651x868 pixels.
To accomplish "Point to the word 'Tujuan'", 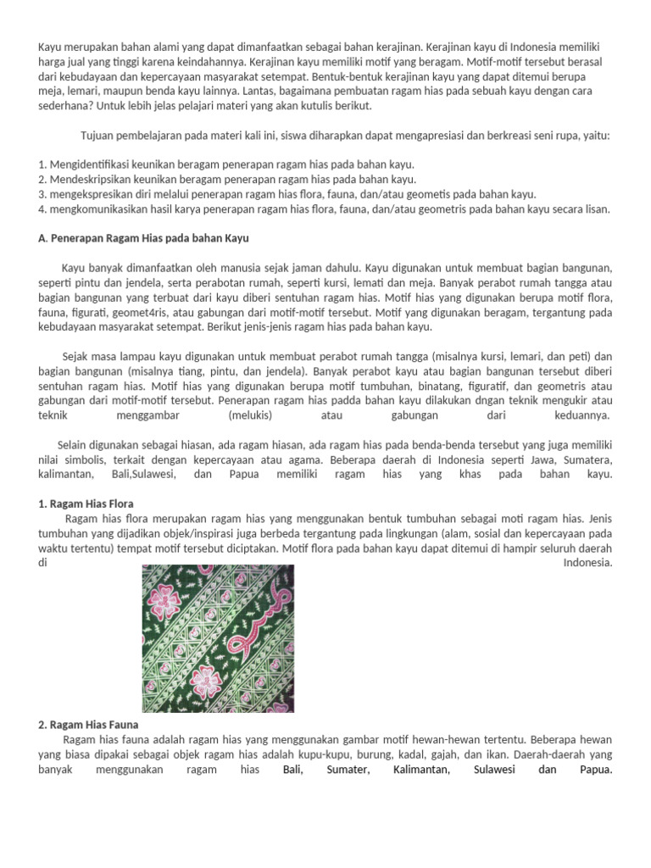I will [99, 136].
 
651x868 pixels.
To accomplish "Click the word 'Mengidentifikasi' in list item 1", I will [88, 164].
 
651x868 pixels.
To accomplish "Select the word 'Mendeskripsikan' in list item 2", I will [90, 179].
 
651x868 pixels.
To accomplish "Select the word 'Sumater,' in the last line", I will [348, 770].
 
